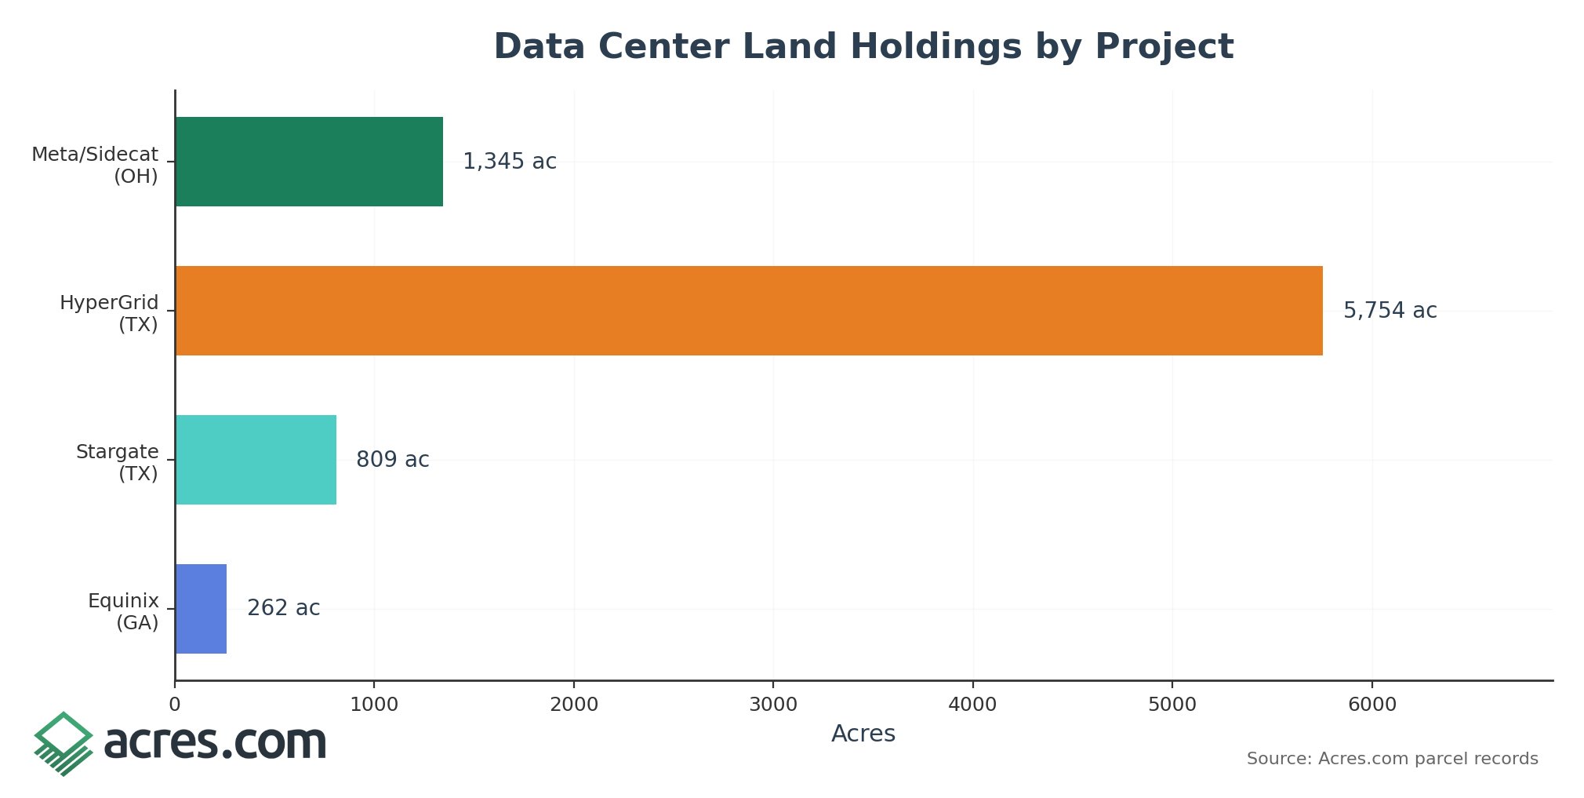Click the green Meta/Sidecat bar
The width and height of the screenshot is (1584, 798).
(x=309, y=162)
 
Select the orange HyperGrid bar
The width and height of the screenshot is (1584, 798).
(x=749, y=311)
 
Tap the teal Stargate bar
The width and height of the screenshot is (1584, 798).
(x=256, y=460)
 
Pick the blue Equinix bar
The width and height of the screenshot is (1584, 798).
(x=201, y=609)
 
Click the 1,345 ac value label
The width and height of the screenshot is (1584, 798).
(x=510, y=162)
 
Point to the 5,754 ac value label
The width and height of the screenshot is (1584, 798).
(x=1390, y=311)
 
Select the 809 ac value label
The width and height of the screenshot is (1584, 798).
(x=392, y=460)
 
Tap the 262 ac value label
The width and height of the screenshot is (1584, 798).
(x=283, y=608)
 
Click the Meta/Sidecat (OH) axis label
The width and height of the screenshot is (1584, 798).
(x=95, y=165)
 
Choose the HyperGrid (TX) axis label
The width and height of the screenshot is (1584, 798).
(x=110, y=313)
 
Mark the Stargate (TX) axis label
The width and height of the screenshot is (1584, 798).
(x=118, y=462)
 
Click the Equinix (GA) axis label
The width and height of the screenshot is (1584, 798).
(x=124, y=611)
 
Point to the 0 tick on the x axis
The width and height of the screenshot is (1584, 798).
(x=175, y=705)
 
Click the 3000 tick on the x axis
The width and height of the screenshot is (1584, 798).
(x=773, y=705)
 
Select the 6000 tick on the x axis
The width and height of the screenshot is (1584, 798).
(x=1371, y=705)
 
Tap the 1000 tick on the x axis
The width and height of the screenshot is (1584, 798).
(x=374, y=705)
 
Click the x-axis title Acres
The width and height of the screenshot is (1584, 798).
(x=863, y=734)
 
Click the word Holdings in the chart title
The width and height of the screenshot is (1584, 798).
(x=936, y=47)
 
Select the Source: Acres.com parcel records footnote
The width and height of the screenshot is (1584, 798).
(x=1392, y=759)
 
